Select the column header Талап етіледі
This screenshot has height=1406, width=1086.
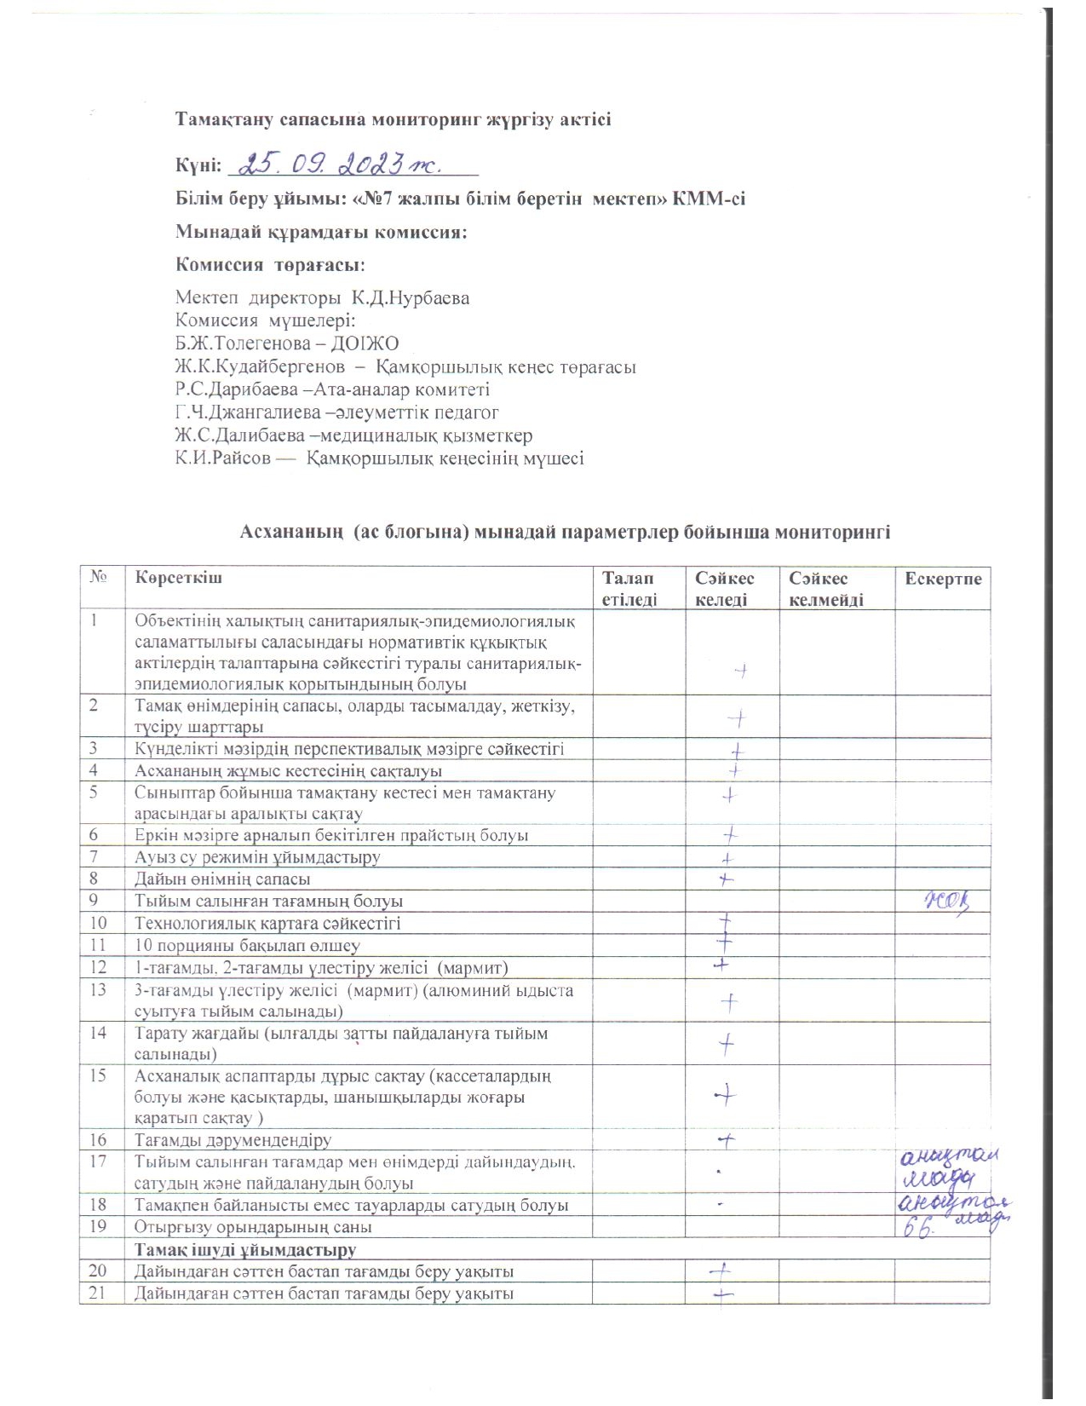[x=629, y=589]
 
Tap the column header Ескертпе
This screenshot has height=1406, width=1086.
[x=943, y=579]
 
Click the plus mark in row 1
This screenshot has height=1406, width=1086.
[x=741, y=671]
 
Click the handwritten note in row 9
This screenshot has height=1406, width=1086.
[x=946, y=901]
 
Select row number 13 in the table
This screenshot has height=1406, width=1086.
[x=98, y=990]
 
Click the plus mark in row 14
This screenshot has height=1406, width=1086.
[x=727, y=1044]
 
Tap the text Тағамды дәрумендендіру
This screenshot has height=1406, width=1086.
[x=233, y=1140]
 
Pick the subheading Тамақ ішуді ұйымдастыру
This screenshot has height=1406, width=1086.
[x=244, y=1250]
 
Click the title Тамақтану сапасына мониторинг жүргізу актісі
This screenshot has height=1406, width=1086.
[x=393, y=119]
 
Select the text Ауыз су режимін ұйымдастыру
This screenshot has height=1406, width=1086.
[x=257, y=857]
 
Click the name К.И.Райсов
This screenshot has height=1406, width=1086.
[x=223, y=458]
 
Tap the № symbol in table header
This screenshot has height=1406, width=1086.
[x=99, y=578]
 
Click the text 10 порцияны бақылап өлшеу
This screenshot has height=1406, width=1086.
[x=247, y=946]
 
